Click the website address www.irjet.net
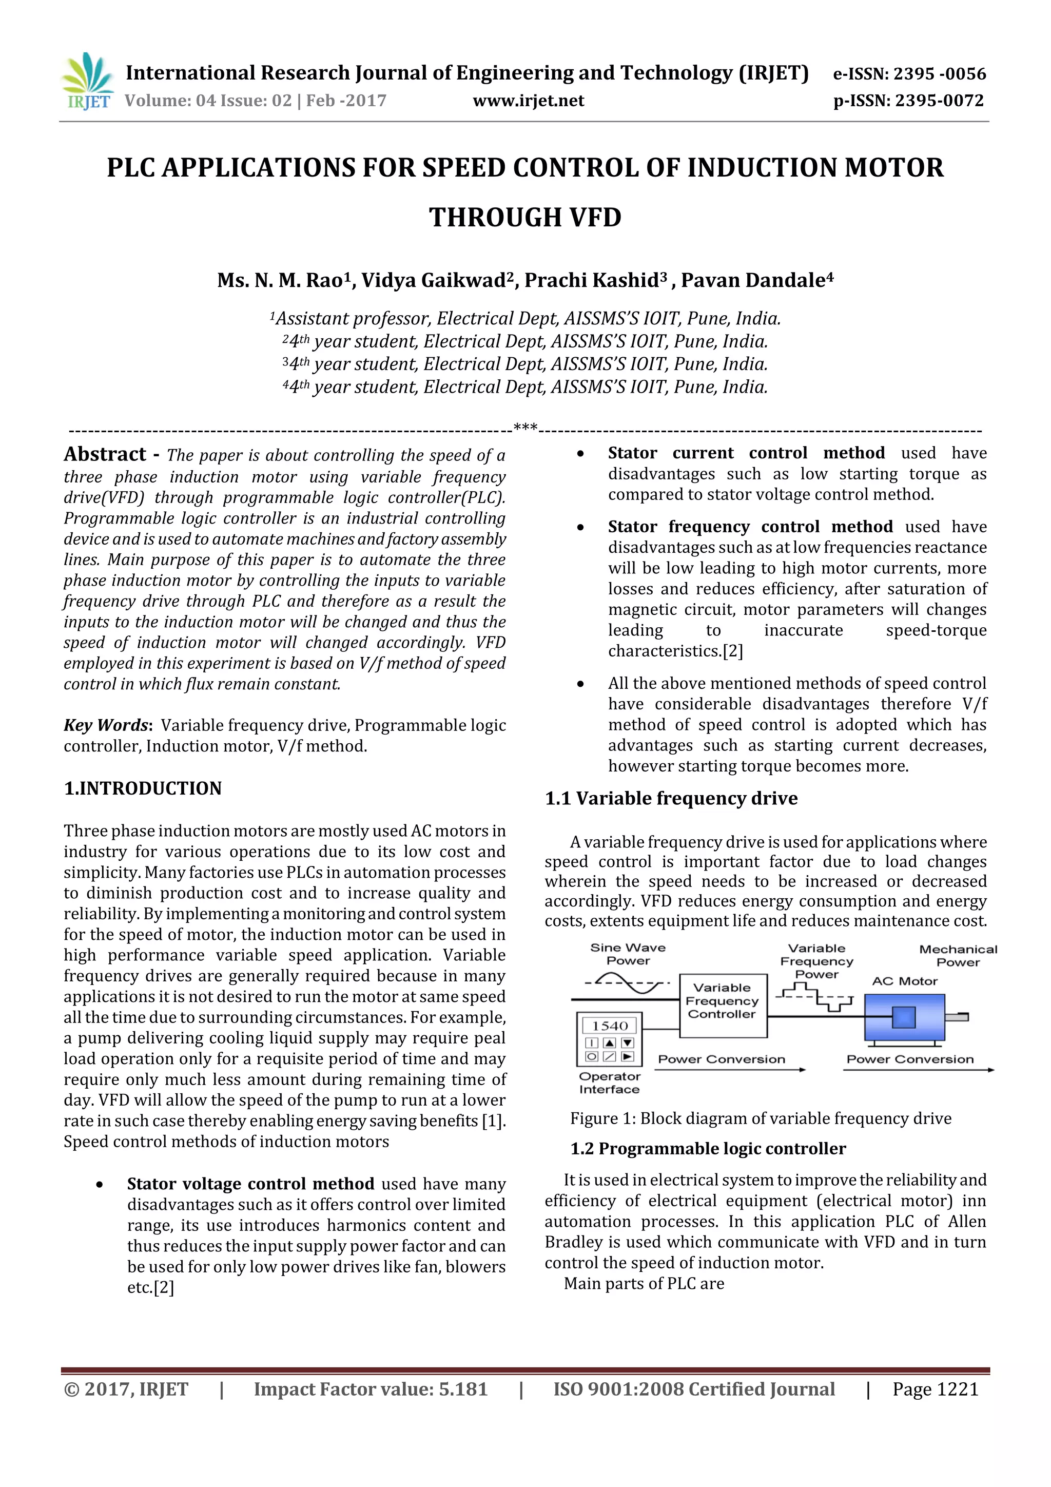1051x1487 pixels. [x=529, y=101]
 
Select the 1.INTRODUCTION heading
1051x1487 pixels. [x=143, y=788]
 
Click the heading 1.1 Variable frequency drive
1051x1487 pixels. [x=671, y=799]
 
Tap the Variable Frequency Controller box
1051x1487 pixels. [x=723, y=1000]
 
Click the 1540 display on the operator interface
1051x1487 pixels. [x=609, y=1026]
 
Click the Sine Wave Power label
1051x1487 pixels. [x=628, y=954]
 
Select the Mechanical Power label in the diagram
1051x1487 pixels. [x=958, y=955]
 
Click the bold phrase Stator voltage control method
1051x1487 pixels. [x=250, y=1184]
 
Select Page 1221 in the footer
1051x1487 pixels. [x=935, y=1389]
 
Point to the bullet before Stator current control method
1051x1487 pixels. [x=580, y=454]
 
